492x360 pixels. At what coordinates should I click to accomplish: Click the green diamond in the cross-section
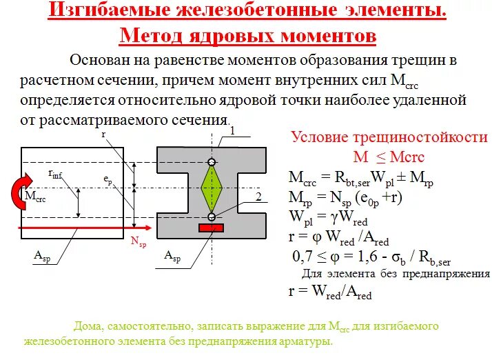tap(212, 190)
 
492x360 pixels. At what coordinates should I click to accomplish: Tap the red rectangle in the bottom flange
tap(212, 228)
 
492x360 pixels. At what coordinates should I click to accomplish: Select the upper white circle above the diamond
tap(212, 163)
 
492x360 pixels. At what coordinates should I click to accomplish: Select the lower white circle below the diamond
tap(212, 217)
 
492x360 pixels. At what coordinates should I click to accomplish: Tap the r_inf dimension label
tap(56, 174)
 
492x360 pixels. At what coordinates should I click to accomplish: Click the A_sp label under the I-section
tap(173, 257)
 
